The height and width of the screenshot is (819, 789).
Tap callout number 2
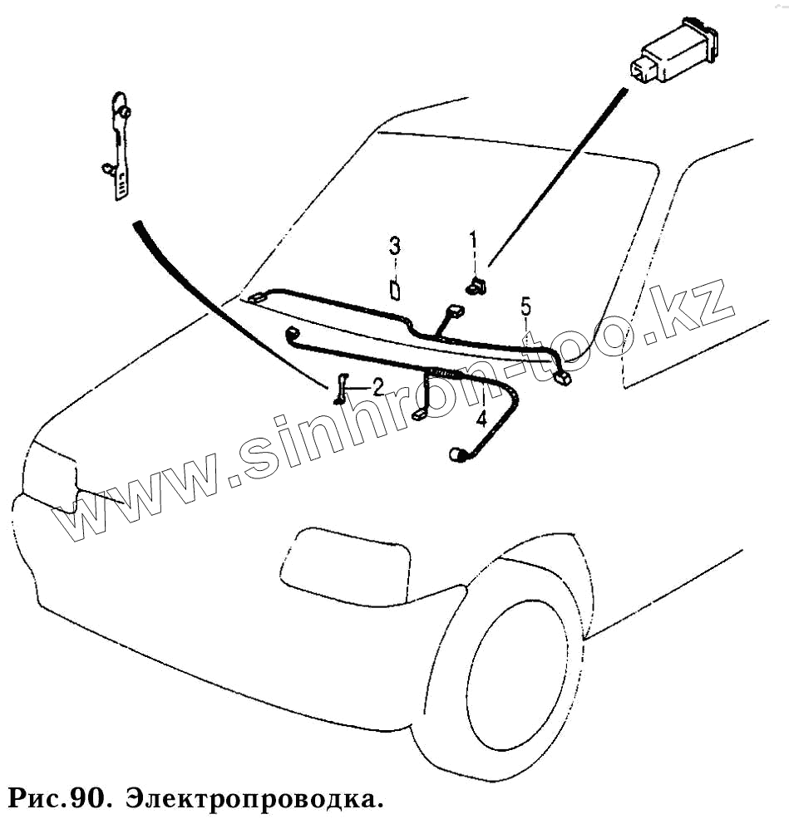(x=377, y=386)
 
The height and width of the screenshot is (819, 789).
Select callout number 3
(x=395, y=246)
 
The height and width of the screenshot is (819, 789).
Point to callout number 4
(x=481, y=418)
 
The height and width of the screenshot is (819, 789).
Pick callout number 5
(x=525, y=306)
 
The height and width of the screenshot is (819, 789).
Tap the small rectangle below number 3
(x=395, y=290)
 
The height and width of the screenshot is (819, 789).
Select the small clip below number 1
(x=476, y=287)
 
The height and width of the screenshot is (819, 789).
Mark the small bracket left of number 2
(x=341, y=390)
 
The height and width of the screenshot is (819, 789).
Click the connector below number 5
(x=563, y=378)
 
